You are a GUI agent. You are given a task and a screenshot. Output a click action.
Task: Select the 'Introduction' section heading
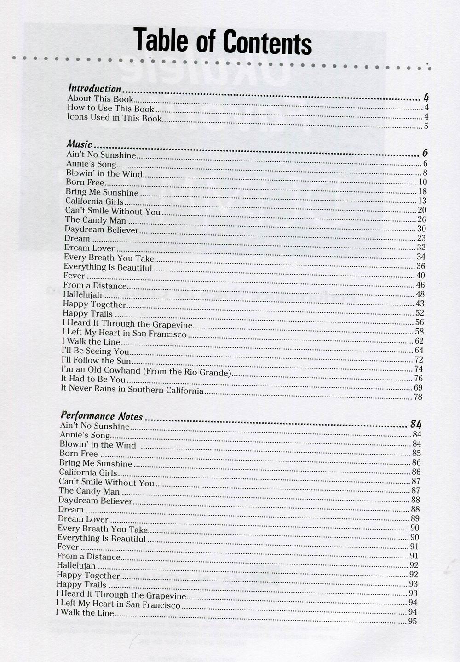[x=95, y=88]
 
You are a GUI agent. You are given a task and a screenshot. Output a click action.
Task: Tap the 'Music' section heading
[x=80, y=144]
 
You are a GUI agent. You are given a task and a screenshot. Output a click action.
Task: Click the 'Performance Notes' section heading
[x=101, y=416]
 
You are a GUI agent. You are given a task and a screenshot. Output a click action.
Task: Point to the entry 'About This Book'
[x=100, y=98]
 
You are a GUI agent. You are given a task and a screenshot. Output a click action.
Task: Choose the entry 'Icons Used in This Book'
[x=115, y=118]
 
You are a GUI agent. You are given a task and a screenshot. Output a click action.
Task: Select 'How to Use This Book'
[x=111, y=108]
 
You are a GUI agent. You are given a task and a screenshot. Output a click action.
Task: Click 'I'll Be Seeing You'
[x=96, y=351]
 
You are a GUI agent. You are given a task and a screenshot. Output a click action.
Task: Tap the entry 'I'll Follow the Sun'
[x=96, y=361]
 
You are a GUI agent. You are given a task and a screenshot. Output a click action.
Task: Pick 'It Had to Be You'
[x=93, y=380]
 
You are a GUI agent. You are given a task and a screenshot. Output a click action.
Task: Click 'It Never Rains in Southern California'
[x=132, y=390]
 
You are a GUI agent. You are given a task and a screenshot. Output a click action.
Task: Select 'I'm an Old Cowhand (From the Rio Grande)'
[x=145, y=371]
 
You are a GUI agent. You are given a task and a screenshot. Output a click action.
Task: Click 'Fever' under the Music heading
[x=75, y=276]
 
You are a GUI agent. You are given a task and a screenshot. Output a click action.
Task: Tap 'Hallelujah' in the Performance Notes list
[x=76, y=565]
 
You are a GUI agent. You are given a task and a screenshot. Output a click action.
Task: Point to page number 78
[x=418, y=397]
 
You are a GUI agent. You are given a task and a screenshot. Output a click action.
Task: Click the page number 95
[x=412, y=622]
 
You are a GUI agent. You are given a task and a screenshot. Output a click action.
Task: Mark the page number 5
[x=426, y=127]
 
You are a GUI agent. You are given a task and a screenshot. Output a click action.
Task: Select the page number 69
[x=418, y=388]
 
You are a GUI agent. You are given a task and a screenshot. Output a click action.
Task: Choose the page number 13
[x=422, y=201]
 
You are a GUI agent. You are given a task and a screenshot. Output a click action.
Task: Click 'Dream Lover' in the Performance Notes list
[x=83, y=519]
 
